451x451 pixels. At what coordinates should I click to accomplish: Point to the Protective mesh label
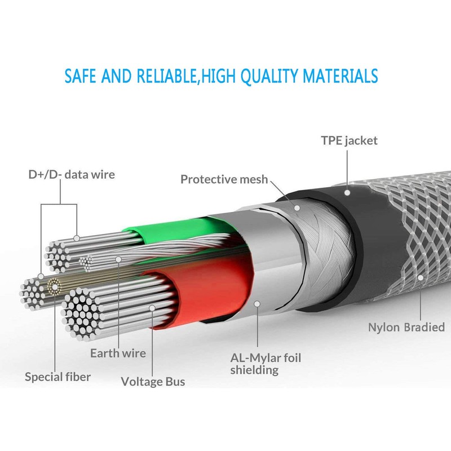tap(224, 179)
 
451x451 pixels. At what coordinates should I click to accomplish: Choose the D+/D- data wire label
tap(72, 174)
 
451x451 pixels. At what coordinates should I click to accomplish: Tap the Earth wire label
tap(118, 353)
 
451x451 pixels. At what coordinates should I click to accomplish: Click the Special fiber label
tap(58, 376)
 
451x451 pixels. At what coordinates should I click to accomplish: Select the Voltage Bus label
tap(153, 382)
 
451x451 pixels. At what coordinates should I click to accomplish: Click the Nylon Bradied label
tap(406, 327)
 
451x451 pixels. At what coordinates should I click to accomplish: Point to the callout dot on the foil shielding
tap(257, 303)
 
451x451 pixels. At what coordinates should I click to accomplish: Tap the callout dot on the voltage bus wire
tap(152, 308)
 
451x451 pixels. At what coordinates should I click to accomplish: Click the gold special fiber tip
tap(54, 286)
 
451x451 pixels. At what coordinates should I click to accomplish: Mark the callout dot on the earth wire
tap(118, 259)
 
